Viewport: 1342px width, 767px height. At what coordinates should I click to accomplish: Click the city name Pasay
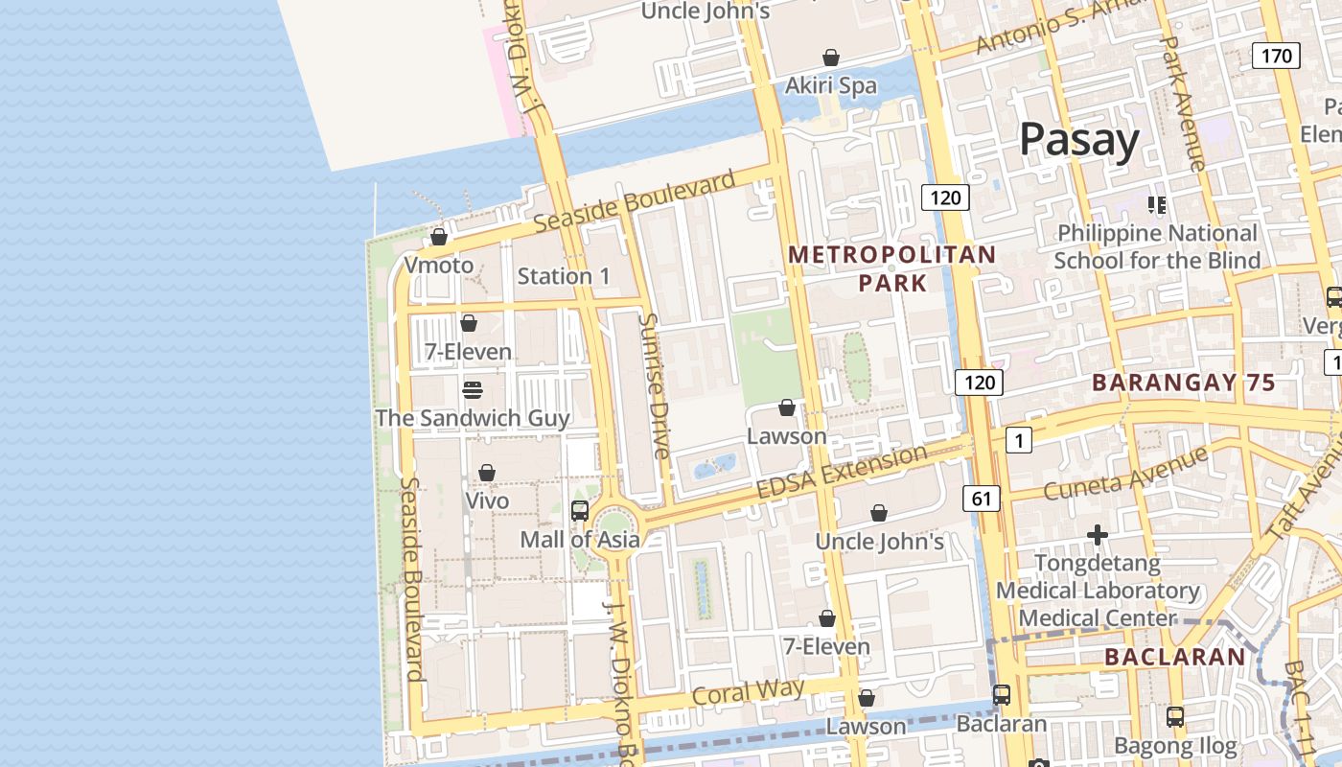pyautogui.click(x=1079, y=140)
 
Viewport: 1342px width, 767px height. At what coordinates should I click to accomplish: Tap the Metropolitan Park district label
pyautogui.click(x=892, y=268)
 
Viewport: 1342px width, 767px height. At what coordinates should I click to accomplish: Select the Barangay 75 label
pyautogui.click(x=1184, y=383)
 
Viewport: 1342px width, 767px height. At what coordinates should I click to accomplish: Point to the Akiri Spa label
pyautogui.click(x=831, y=86)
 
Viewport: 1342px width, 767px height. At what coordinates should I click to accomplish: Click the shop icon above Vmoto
pyautogui.click(x=439, y=236)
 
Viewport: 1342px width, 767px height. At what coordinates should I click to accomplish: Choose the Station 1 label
pyautogui.click(x=564, y=276)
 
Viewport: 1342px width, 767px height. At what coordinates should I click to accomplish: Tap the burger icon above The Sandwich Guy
pyautogui.click(x=472, y=389)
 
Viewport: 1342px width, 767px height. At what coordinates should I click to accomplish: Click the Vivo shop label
pyautogui.click(x=487, y=500)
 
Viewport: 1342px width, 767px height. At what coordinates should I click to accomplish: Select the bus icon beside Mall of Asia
pyautogui.click(x=580, y=510)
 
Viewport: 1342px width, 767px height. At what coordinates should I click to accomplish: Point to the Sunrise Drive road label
pyautogui.click(x=656, y=385)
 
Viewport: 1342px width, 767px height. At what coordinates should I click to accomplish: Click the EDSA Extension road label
pyautogui.click(x=842, y=472)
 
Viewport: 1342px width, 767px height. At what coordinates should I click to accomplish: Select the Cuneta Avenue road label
pyautogui.click(x=1125, y=475)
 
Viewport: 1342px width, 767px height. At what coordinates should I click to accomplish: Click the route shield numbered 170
pyautogui.click(x=1276, y=56)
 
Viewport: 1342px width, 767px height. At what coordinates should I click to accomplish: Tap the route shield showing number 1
pyautogui.click(x=1018, y=440)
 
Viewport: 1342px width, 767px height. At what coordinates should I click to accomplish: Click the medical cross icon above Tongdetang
pyautogui.click(x=1098, y=534)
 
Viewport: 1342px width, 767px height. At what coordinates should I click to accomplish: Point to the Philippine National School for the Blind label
pyautogui.click(x=1157, y=246)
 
